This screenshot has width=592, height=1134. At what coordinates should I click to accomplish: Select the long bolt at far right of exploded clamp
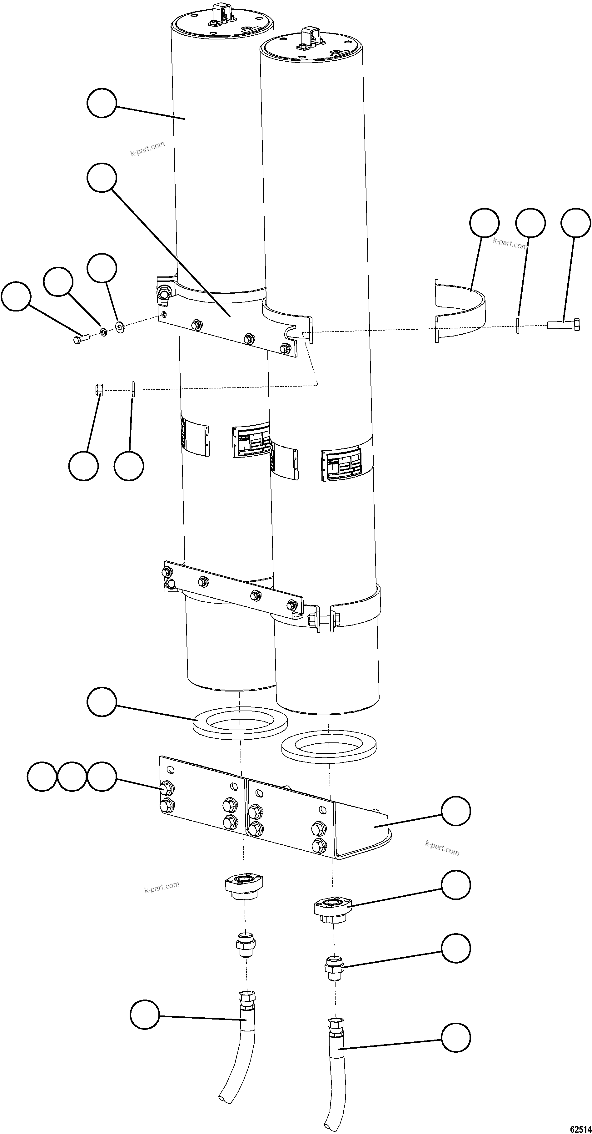tap(563, 325)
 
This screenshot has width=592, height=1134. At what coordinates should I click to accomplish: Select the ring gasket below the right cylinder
tap(329, 747)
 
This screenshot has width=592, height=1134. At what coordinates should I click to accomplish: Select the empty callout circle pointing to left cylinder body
tap(102, 103)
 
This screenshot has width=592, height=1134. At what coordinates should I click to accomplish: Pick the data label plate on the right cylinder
tap(342, 465)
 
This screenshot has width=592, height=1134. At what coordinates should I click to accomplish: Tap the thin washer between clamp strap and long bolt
tap(518, 325)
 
